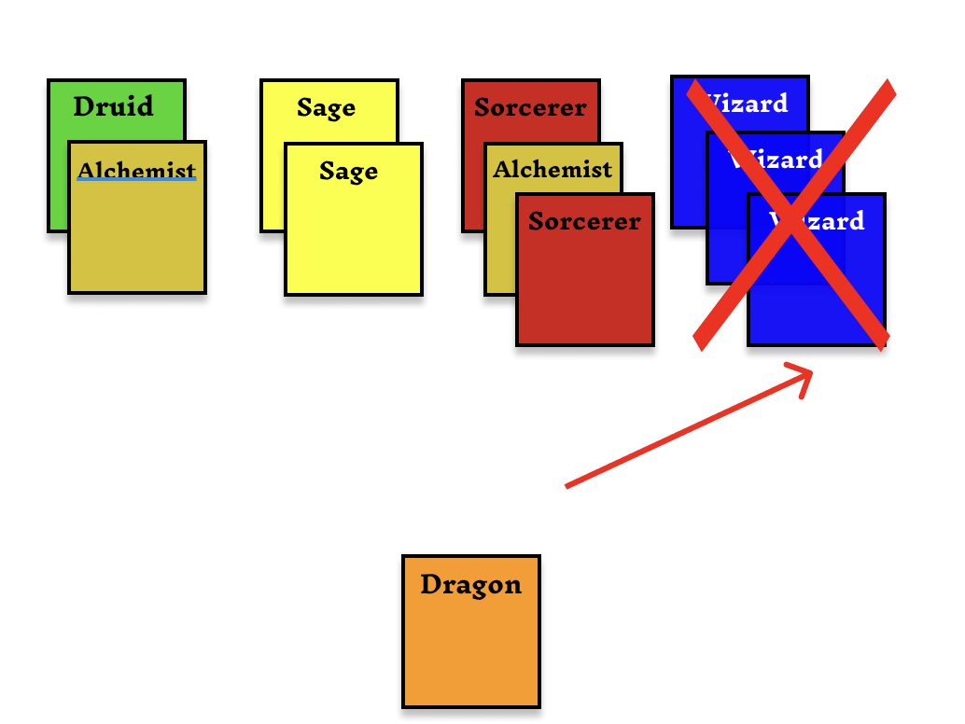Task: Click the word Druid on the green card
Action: [x=113, y=106]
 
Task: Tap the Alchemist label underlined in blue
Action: [x=136, y=171]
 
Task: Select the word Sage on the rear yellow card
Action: [x=326, y=107]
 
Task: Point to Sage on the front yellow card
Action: [x=348, y=171]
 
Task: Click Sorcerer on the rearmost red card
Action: [x=530, y=107]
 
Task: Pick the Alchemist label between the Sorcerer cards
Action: [x=552, y=169]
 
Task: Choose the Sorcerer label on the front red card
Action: [x=584, y=221]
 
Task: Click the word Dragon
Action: [x=470, y=585]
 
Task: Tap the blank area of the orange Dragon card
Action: [x=471, y=653]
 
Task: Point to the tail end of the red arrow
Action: [x=567, y=486]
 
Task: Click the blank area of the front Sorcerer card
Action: [x=585, y=289]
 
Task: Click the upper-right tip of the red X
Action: [x=888, y=87]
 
